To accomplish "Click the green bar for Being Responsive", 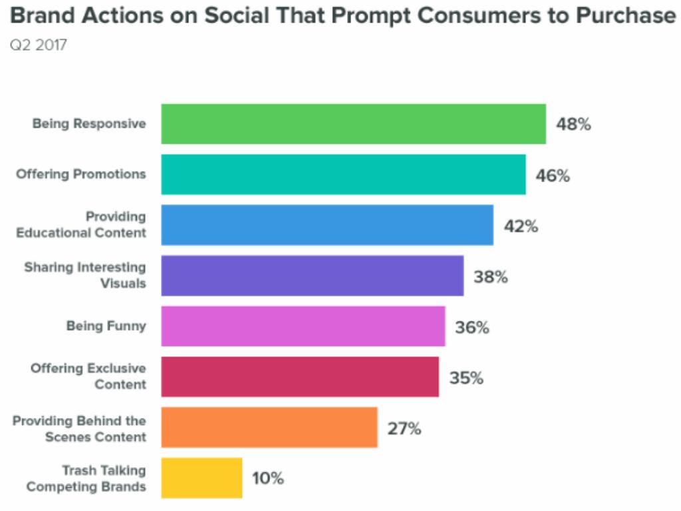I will [x=353, y=124].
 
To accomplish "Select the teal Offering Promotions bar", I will [x=343, y=174].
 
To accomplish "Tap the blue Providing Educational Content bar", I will [x=327, y=225].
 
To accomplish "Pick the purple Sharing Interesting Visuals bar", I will [x=312, y=275].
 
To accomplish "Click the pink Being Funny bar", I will [x=303, y=326].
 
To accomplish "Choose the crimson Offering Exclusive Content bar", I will [x=300, y=377].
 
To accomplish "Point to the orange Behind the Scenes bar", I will [x=269, y=427].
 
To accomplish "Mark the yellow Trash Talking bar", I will [x=202, y=478].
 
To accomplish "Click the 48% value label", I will [x=573, y=124].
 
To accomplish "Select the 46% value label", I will [x=553, y=176].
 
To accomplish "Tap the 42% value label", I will [x=521, y=226].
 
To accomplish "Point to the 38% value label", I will [x=491, y=277].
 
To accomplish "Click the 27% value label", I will [x=404, y=428].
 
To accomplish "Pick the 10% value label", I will [x=268, y=478].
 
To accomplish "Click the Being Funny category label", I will [x=106, y=326].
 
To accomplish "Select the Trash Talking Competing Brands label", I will [x=86, y=478].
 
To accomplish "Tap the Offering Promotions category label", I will [x=81, y=174].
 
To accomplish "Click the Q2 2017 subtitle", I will [x=38, y=47].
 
